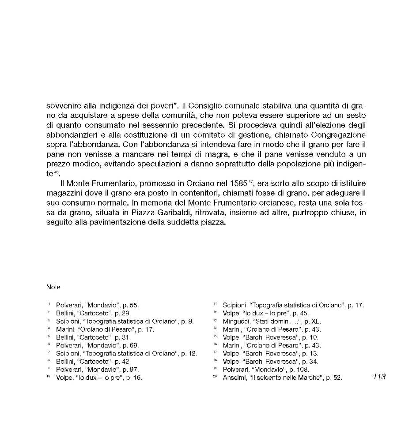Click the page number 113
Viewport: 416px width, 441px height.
point(379,376)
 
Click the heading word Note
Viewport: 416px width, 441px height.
point(53,287)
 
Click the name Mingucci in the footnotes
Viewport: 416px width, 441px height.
point(236,321)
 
